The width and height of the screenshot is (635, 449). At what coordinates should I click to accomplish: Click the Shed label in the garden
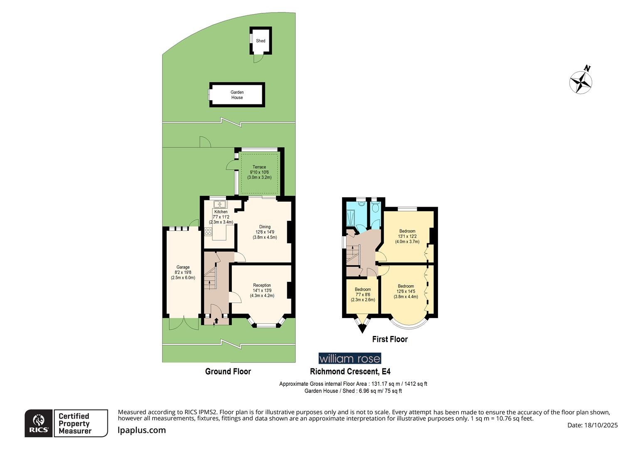click(261, 41)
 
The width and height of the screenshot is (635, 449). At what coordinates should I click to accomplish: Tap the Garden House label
click(237, 95)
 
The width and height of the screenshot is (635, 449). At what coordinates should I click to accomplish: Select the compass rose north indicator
click(581, 81)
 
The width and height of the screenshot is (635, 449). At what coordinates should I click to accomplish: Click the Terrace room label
click(259, 172)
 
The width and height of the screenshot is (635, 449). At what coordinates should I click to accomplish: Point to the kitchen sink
click(219, 204)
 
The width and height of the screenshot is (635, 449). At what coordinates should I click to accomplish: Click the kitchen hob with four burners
click(208, 232)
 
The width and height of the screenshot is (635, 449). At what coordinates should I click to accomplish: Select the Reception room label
click(262, 291)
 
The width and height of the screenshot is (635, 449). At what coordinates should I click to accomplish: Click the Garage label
click(183, 272)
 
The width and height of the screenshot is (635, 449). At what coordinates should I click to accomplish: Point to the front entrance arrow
click(215, 321)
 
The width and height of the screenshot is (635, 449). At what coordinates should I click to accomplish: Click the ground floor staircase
click(212, 276)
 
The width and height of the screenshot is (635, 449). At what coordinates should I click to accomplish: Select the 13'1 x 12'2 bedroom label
click(407, 236)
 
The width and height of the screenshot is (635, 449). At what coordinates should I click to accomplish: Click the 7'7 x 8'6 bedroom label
click(363, 294)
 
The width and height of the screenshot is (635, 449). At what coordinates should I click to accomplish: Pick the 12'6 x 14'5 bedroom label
click(406, 291)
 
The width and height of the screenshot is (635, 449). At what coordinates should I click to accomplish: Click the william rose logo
click(349, 358)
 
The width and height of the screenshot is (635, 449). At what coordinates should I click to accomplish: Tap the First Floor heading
click(390, 339)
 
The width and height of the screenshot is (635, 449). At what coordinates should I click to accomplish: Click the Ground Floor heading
click(228, 371)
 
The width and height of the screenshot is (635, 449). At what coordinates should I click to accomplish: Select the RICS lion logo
click(39, 423)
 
